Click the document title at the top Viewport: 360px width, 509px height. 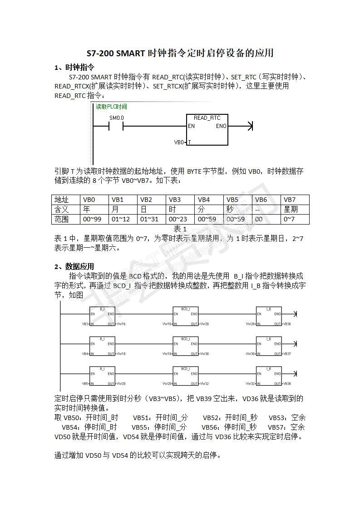click(180, 53)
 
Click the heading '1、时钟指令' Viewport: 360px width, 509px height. click(74, 68)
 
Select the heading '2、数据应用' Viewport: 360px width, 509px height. click(74, 266)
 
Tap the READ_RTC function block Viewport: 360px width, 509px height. click(207, 130)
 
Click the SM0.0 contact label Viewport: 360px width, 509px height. click(116, 118)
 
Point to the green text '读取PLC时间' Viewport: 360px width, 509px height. click(111, 107)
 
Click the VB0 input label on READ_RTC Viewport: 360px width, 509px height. click(179, 142)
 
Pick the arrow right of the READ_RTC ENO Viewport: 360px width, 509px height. click(248, 126)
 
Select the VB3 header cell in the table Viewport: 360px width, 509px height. click(175, 200)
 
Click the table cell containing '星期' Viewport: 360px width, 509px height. click(291, 210)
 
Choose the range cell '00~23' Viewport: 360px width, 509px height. click(178, 220)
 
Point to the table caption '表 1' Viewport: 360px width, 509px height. click(180, 229)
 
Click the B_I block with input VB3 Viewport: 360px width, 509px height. click(102, 317)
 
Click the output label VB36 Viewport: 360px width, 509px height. click(287, 324)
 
